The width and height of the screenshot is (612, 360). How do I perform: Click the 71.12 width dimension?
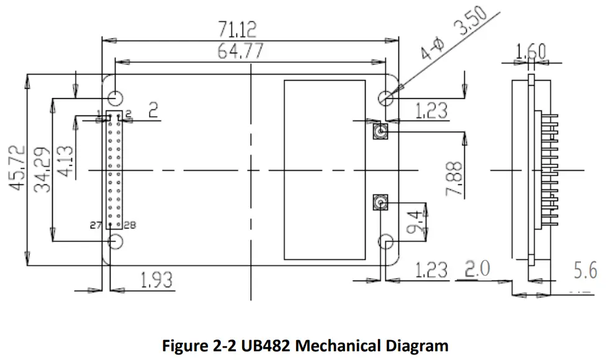[x=237, y=29]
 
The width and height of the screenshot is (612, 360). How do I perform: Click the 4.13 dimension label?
[x=65, y=161]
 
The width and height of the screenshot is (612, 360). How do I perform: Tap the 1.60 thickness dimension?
[x=531, y=52]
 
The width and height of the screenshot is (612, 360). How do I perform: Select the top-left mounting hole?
[x=115, y=97]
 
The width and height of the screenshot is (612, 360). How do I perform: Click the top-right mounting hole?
[x=386, y=97]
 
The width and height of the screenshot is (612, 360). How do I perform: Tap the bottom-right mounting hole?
[x=386, y=241]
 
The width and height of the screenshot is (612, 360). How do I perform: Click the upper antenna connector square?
[x=379, y=132]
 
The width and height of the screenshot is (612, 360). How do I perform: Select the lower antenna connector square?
[x=379, y=202]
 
